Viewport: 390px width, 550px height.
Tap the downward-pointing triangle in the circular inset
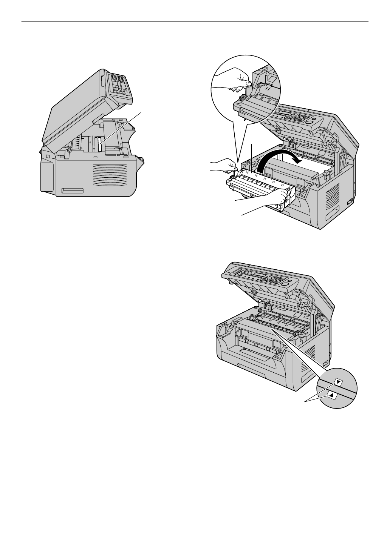click(339, 382)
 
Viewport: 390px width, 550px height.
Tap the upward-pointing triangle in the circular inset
click(331, 395)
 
